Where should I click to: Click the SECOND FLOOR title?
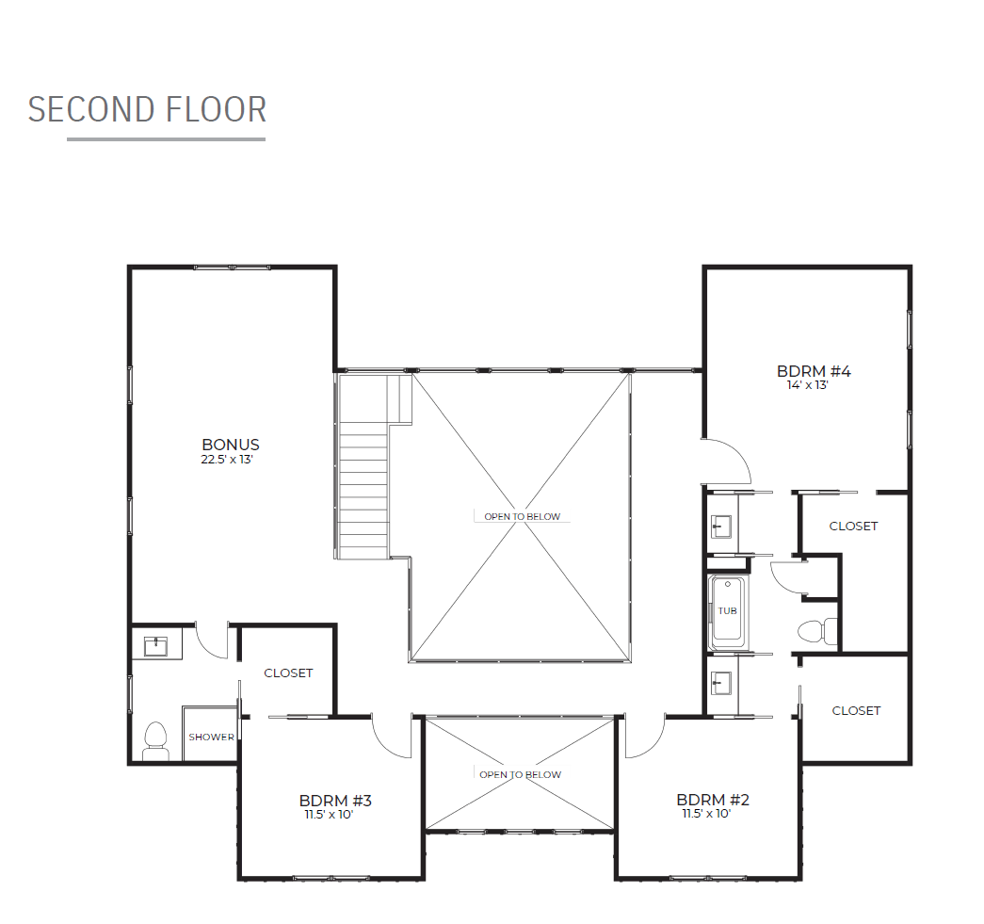click(148, 110)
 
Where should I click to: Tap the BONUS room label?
click(231, 445)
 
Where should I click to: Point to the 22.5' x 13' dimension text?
click(227, 460)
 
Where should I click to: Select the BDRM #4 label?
click(814, 372)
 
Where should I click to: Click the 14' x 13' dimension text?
click(808, 385)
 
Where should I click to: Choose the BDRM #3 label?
click(335, 801)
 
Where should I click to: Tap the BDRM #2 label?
click(712, 800)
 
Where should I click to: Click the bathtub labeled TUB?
click(727, 613)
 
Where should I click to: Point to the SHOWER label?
click(211, 737)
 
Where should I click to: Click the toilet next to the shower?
click(155, 741)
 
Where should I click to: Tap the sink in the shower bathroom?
click(155, 646)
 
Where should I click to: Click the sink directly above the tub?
click(721, 526)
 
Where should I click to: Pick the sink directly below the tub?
click(721, 683)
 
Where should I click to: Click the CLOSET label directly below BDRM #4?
click(853, 526)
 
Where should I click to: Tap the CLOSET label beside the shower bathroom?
click(288, 673)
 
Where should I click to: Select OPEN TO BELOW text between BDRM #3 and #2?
click(520, 774)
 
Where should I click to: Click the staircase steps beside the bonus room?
click(363, 490)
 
